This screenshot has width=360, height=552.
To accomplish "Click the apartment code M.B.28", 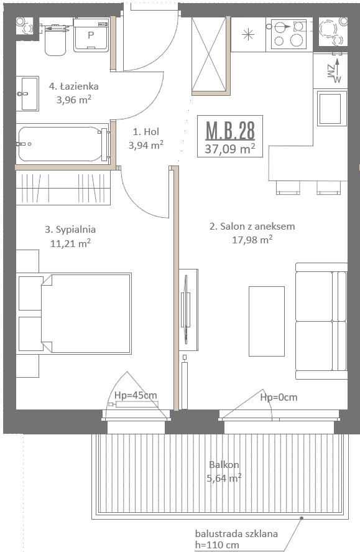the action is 230,131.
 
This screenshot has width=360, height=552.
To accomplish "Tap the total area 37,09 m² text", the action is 230,149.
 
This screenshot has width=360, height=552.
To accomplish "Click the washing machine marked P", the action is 91,35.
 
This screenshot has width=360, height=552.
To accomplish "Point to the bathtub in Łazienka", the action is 63,144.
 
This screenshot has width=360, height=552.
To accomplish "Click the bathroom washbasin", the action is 28,94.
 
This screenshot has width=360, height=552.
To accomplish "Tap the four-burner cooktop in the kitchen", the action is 289,34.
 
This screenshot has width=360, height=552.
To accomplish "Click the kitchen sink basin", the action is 330,108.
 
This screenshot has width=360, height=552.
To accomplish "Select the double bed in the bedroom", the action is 86,313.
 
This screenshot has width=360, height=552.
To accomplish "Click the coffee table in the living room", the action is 267,321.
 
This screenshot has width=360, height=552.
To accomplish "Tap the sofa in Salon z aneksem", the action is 321,320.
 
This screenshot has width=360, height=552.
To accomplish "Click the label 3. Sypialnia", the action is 70,230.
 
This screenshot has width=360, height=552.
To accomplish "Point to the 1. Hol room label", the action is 146,132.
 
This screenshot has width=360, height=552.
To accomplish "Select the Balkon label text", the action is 224,465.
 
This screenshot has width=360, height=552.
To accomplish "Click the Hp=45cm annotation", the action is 136,395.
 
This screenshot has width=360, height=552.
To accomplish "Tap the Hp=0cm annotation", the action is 279,397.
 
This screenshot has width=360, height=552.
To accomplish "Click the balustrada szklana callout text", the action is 236,533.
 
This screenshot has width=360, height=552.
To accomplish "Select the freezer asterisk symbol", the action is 248,34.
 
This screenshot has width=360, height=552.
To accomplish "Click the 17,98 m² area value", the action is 252,240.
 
